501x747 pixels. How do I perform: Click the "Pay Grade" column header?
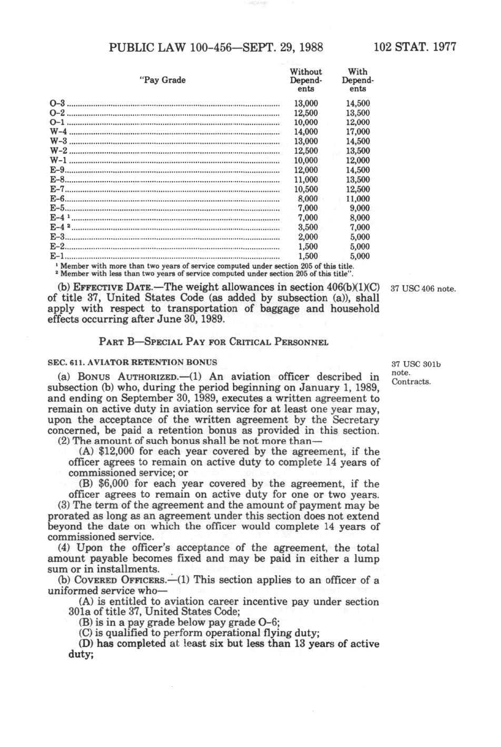coord(163,80)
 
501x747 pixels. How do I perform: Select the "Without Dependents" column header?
coord(306,80)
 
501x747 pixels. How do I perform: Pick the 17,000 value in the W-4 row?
coord(358,132)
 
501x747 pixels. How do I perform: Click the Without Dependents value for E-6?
coord(308,199)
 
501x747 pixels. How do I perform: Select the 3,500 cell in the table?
coord(308,227)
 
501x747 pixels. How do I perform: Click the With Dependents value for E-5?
coord(360,208)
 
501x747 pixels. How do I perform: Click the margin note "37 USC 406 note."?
coord(423,289)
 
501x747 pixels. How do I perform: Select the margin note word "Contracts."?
coord(411,381)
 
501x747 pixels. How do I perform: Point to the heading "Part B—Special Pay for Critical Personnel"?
coord(213,341)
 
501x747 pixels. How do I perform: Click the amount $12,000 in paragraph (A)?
coord(113,451)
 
